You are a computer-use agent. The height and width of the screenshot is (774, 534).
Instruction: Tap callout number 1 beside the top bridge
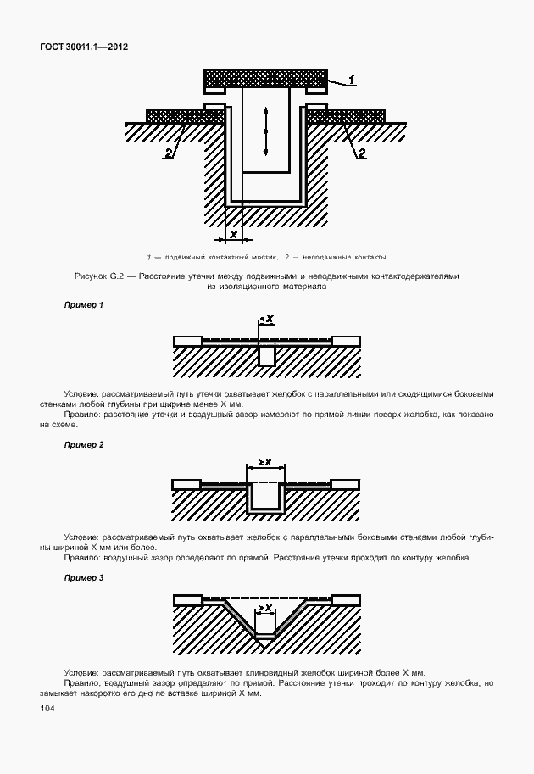point(351,80)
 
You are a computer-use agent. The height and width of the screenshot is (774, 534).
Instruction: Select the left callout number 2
point(169,153)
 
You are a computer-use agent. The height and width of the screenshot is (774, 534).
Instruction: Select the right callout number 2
point(361,153)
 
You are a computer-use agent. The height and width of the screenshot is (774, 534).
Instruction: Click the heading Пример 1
point(85,304)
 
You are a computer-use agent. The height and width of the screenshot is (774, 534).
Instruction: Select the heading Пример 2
point(85,445)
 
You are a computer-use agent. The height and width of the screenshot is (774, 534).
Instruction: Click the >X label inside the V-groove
point(265,608)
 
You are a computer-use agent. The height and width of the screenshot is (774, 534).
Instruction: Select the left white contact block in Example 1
point(186,341)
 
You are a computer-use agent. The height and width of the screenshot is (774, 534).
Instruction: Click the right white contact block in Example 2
point(346,484)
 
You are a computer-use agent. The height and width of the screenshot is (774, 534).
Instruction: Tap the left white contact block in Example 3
point(186,600)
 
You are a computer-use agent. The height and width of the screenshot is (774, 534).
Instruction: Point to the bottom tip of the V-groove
point(266,648)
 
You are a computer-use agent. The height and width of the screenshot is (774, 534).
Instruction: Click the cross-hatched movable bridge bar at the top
point(265,78)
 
